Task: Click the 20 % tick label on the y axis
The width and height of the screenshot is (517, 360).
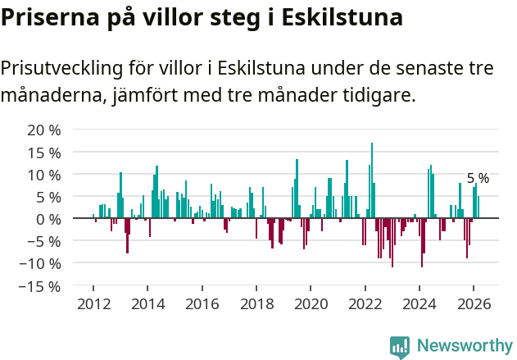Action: pos(44,130)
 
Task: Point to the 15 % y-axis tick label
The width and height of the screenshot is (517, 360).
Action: pos(44,152)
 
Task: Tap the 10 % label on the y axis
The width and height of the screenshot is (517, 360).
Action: pos(44,174)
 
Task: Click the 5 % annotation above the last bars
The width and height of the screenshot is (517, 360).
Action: pos(478,178)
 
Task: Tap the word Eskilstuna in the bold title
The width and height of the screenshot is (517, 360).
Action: pos(342,18)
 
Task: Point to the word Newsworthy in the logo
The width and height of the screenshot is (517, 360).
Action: pos(464,345)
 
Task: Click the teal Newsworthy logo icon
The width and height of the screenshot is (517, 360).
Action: pos(400,347)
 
